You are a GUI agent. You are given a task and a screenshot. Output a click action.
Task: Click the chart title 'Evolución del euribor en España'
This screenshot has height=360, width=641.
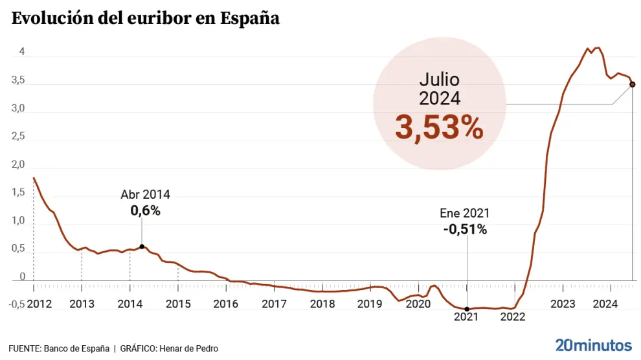point(146,18)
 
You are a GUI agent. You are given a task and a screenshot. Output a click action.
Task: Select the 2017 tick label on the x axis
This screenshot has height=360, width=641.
point(275,304)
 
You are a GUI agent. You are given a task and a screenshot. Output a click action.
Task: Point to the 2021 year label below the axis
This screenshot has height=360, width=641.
point(466,317)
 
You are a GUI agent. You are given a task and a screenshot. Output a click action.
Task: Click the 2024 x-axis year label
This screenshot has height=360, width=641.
point(605,304)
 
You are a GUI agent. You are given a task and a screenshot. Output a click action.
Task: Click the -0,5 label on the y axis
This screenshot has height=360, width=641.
point(17,305)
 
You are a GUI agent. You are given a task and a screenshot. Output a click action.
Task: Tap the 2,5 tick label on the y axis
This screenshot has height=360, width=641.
point(18,137)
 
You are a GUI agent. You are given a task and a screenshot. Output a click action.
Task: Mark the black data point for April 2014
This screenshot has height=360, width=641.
point(142,247)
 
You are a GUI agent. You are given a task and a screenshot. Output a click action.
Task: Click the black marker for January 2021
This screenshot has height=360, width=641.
point(467,309)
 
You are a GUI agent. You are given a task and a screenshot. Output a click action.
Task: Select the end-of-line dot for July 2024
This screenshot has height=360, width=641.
point(633,84)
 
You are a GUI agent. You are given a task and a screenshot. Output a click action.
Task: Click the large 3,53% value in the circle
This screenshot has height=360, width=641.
point(439,128)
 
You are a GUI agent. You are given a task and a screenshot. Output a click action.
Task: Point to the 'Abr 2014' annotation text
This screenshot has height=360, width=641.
point(145,195)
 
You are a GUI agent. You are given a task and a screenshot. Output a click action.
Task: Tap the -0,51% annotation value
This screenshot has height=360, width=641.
point(465,229)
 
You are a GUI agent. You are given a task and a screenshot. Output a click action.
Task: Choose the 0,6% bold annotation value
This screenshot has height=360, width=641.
point(145,210)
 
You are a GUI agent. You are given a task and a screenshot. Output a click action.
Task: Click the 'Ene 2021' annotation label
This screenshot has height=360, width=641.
point(465,213)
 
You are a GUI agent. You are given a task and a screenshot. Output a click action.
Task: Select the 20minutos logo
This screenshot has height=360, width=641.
point(593,344)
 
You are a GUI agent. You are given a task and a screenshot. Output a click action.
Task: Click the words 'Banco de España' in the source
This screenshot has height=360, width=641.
point(76,348)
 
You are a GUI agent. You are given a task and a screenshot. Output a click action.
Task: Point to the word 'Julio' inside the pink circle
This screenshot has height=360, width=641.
point(439,80)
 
